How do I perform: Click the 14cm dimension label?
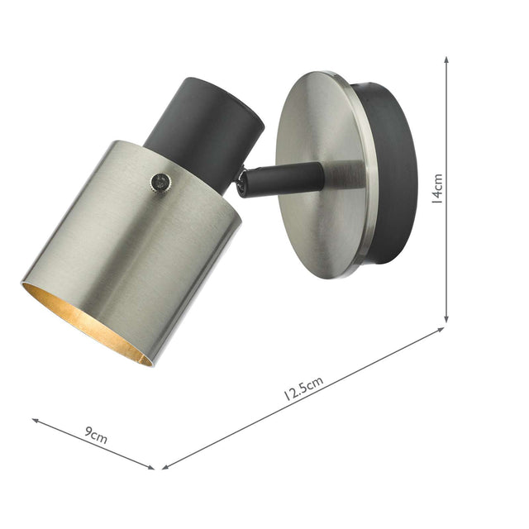coord(438,188)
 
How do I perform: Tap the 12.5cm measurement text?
coord(303,388)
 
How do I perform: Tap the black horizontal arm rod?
coord(285,178)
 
